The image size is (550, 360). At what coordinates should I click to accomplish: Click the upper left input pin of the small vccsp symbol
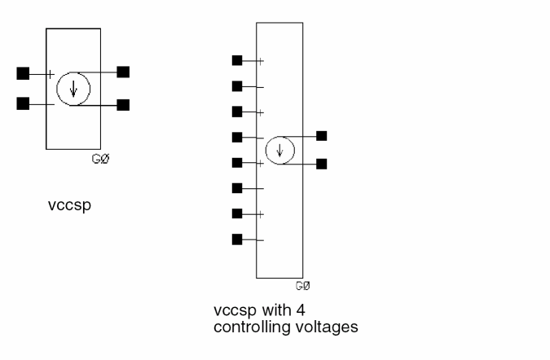tap(23, 73)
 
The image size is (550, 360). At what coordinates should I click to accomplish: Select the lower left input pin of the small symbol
tap(23, 103)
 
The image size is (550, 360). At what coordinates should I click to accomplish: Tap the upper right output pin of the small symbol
tap(123, 72)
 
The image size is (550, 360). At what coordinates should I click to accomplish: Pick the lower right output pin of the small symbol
tap(123, 104)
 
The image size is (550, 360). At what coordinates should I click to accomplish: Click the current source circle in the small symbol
tap(73, 89)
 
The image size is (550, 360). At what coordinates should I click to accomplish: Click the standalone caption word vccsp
tap(68, 205)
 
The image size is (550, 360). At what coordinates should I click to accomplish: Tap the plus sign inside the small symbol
tap(51, 74)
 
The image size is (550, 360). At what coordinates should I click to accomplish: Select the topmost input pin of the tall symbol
tap(237, 60)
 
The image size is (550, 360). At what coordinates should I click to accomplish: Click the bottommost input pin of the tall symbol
tap(237, 239)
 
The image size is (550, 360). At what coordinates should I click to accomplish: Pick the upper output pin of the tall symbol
tap(322, 135)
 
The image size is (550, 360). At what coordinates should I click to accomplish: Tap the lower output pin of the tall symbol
tap(322, 164)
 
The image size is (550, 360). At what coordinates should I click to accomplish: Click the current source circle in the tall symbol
tap(280, 150)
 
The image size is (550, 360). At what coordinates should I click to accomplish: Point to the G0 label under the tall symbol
tap(303, 287)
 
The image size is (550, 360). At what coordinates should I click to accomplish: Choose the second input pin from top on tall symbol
tap(237, 86)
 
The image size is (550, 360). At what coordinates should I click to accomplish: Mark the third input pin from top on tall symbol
tap(237, 112)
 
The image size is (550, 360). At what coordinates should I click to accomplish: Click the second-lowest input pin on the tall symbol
tap(237, 213)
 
